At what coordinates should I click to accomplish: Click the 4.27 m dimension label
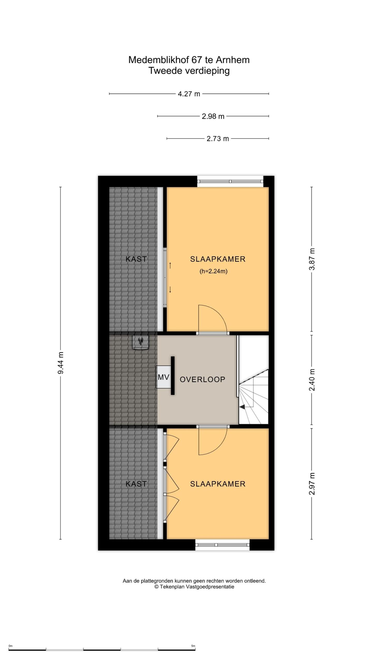[189, 94]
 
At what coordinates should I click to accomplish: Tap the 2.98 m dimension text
[213, 116]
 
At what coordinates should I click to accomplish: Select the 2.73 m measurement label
[218, 139]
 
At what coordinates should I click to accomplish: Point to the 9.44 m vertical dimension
[61, 363]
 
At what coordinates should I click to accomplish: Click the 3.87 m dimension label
[312, 259]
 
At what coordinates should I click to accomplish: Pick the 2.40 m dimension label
[312, 380]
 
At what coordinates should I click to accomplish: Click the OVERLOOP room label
[203, 379]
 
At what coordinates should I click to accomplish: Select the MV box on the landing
[163, 377]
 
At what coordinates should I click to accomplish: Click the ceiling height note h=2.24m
[213, 271]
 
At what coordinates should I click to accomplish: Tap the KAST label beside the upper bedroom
[136, 259]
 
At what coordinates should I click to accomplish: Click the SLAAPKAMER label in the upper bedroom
[218, 259]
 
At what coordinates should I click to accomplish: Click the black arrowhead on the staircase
[242, 407]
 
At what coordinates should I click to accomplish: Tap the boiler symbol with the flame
[141, 342]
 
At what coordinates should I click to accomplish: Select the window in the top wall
[230, 181]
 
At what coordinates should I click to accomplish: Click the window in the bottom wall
[222, 545]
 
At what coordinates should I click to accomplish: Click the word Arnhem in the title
[233, 60]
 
